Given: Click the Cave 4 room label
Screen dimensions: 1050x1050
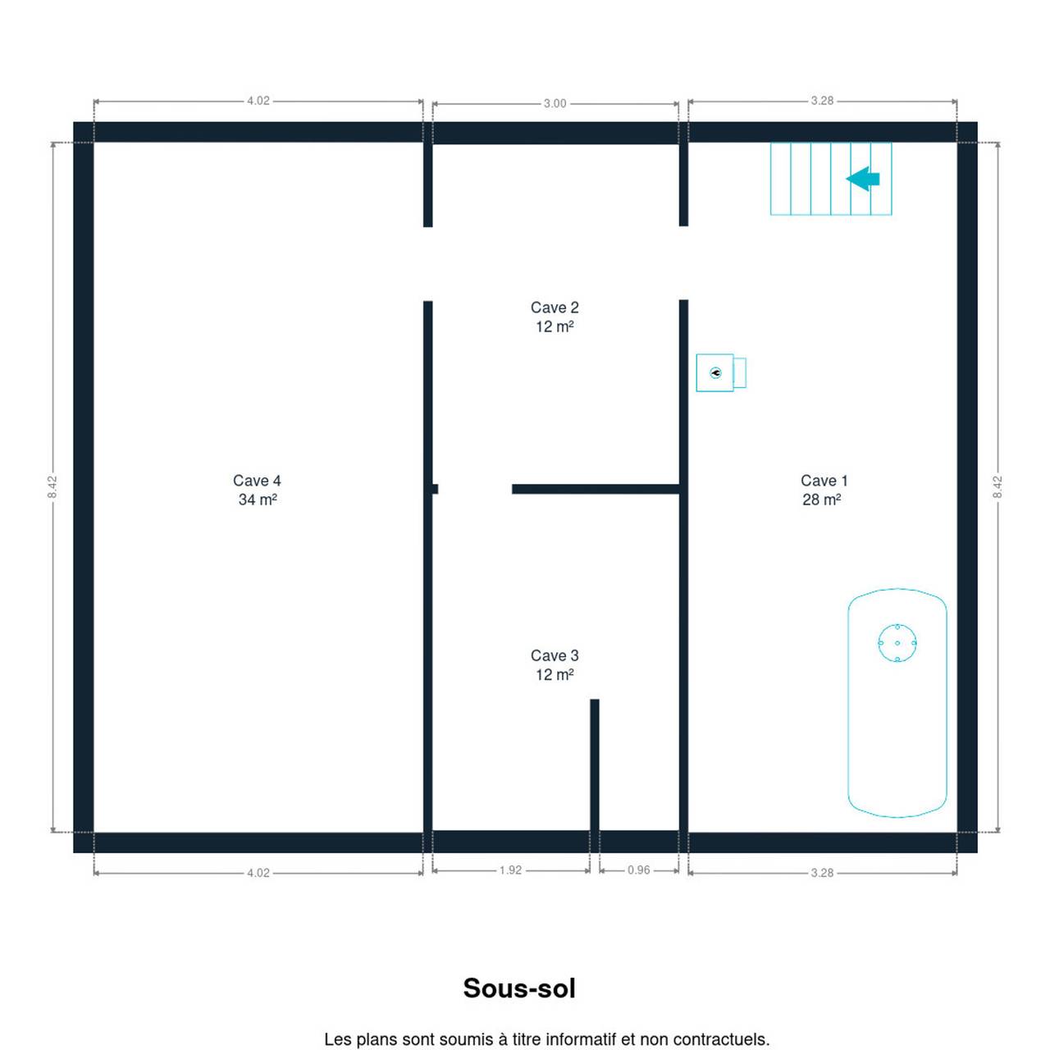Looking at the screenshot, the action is point(257,481).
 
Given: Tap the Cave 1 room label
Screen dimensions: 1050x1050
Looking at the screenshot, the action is point(824,481).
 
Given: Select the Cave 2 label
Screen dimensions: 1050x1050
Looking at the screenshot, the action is point(555,308).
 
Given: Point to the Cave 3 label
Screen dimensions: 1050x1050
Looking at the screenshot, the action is point(555,655).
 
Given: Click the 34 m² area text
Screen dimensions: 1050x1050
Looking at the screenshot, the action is point(258,500).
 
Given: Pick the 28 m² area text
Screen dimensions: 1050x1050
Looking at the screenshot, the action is point(822,500).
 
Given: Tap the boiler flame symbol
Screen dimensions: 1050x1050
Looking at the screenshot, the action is point(715,372).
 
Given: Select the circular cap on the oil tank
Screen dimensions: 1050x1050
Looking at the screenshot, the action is point(897,643).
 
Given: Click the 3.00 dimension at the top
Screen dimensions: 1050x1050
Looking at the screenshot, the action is point(555,103).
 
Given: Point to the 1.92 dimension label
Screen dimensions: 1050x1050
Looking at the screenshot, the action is point(510,870).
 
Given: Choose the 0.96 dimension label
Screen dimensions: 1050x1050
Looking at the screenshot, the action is point(638,870).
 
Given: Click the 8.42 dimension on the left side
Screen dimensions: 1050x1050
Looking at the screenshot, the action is point(52,487).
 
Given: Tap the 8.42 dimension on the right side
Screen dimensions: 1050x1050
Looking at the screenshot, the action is point(997,487).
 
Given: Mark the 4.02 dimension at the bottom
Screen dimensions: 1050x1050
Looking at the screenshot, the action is point(258,873).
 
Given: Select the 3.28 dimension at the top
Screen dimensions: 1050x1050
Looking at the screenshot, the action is point(822,101).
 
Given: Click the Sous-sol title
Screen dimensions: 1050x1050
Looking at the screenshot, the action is point(519,988).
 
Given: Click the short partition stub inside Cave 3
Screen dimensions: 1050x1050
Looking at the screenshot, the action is point(595,765).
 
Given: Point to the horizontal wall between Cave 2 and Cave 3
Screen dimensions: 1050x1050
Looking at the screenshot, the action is point(596,489).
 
